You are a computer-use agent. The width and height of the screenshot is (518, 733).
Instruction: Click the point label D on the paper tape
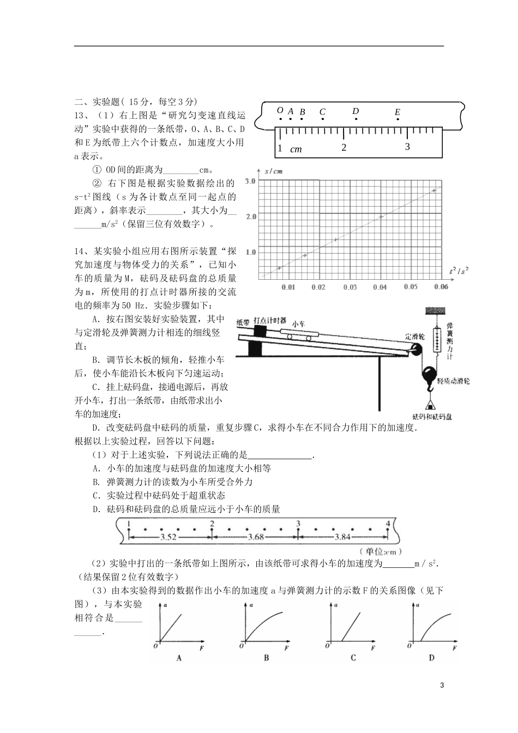pos(356,111)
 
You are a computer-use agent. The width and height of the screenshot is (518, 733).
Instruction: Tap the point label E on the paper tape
pos(397,112)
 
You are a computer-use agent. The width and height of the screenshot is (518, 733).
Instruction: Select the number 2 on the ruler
pos(344,147)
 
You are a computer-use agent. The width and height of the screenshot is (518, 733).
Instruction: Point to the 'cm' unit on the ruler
pos(296,149)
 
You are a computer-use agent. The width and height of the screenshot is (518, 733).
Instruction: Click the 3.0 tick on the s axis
pos(250,181)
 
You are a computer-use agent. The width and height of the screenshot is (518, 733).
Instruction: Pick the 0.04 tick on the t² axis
pos(380,287)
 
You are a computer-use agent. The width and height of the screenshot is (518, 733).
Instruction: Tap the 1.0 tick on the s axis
pos(250,252)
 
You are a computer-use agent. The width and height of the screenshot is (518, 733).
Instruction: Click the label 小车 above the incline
pos(298,323)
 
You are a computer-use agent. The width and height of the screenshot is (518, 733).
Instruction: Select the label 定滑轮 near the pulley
pos(414,336)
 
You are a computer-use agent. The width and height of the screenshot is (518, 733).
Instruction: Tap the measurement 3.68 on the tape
pos(255,537)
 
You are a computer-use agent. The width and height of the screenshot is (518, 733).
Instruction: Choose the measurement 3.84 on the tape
pos(342,537)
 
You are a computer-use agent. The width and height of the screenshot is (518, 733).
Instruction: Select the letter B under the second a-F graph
pos(266,658)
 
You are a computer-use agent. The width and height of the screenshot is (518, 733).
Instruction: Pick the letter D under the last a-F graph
pos(431,658)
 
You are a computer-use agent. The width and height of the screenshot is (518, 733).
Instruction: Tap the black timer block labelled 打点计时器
pos(260,331)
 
